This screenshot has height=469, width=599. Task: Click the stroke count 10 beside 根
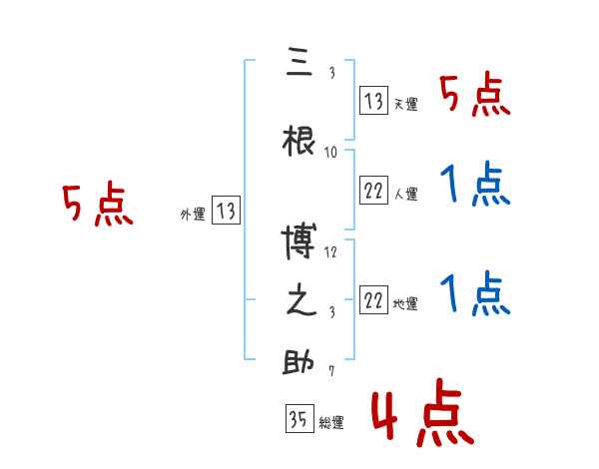point(331,153)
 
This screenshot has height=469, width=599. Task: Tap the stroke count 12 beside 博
point(331,252)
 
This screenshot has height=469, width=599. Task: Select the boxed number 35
point(299,419)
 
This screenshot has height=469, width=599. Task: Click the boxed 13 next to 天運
point(373,100)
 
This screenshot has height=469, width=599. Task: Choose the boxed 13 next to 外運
point(227,211)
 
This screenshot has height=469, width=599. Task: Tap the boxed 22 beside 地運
point(373,300)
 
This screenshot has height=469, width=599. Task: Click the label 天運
point(405,104)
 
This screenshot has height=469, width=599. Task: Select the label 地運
point(405,304)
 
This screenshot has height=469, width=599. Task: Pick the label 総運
point(331,423)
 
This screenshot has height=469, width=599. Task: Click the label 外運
point(193,214)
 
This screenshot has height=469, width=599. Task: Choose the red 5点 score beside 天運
point(474,97)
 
